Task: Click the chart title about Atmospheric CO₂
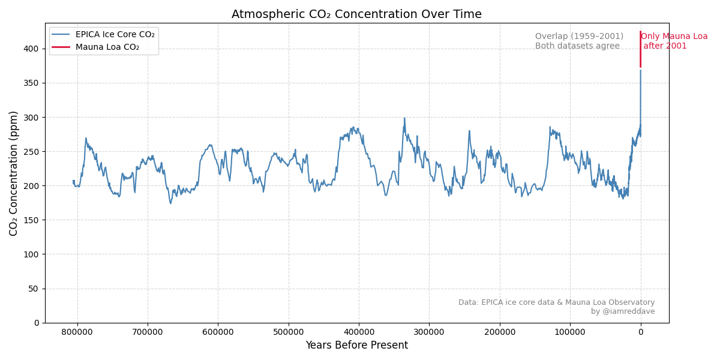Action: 356,14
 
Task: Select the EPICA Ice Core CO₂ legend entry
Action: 115,35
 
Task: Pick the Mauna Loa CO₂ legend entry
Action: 107,47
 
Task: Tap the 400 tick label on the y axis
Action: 31,49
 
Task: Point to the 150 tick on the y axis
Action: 31,220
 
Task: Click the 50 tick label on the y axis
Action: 33,289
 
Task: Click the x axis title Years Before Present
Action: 356,346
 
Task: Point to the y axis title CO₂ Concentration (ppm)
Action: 14,173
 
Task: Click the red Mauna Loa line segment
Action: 640,51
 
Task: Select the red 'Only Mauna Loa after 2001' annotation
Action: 674,41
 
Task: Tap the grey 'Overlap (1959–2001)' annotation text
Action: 579,37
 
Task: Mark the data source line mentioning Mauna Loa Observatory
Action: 556,302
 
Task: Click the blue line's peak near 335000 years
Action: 404,118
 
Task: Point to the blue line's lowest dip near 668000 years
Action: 170,203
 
